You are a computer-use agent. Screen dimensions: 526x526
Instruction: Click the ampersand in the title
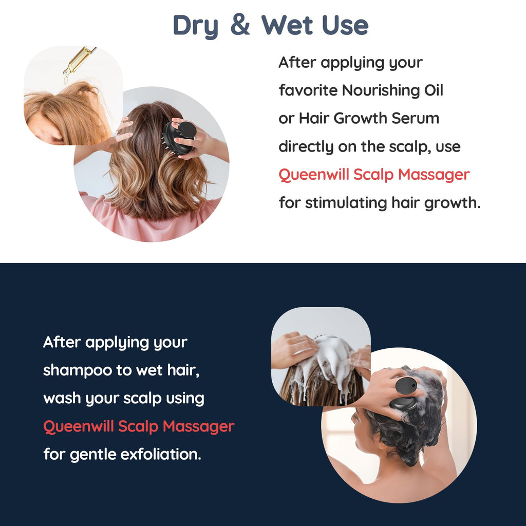(x=240, y=25)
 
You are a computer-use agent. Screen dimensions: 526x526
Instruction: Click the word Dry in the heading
(x=196, y=27)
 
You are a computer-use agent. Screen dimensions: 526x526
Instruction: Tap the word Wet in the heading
(x=287, y=25)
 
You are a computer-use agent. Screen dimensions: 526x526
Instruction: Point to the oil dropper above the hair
(x=79, y=63)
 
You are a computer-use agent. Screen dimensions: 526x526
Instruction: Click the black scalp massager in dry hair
(x=179, y=138)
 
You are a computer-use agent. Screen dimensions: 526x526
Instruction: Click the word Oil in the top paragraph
(x=434, y=90)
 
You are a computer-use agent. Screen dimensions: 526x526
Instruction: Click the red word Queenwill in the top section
(x=314, y=175)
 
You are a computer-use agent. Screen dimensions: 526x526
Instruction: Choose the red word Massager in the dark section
(x=198, y=427)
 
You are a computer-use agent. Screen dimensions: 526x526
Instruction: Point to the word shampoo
(x=78, y=371)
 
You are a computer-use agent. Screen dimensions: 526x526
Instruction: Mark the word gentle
(x=93, y=455)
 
